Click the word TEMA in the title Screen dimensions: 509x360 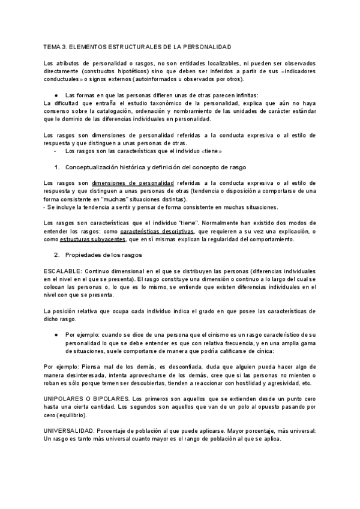coord(53,46)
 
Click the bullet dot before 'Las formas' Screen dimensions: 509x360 coord(56,95)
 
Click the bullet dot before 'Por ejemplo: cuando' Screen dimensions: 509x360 coord(56,333)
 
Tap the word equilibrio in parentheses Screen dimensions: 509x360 coord(72,415)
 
